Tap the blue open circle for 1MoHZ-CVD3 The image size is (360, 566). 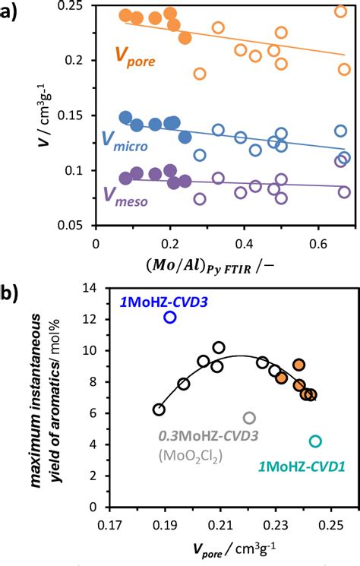[x=170, y=318]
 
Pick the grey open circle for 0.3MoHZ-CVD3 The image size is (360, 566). [x=249, y=418]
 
